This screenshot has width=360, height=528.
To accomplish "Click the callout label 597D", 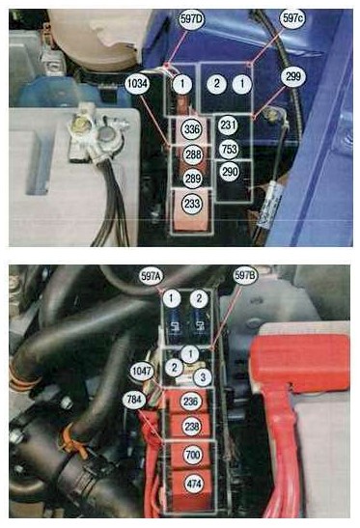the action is (x=191, y=19).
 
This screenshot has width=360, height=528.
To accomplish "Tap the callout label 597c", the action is (x=292, y=18).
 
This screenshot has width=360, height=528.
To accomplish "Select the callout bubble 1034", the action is (x=137, y=83).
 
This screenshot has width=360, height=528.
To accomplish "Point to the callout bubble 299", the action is (x=293, y=77).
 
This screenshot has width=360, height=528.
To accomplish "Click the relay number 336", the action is (x=192, y=129).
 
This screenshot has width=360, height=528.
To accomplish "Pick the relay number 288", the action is (x=193, y=154).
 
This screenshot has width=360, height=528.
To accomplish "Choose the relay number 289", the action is (x=193, y=179).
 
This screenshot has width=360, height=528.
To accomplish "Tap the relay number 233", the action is (x=192, y=204).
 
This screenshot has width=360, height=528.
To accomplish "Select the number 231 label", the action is (x=229, y=125).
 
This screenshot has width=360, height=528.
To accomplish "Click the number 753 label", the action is (x=229, y=149).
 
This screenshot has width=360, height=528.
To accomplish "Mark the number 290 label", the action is (x=230, y=172).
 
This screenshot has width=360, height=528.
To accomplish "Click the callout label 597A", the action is (x=152, y=276).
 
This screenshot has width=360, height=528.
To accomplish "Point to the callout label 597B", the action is (x=245, y=276).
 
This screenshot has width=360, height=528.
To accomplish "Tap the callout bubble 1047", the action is (x=142, y=372).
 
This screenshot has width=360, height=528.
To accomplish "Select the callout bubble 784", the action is (x=134, y=400).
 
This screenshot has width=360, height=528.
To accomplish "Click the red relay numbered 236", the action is (x=187, y=402).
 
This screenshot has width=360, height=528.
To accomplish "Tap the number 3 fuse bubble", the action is (x=203, y=376).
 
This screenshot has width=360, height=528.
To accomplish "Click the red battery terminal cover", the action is (x=300, y=363).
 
